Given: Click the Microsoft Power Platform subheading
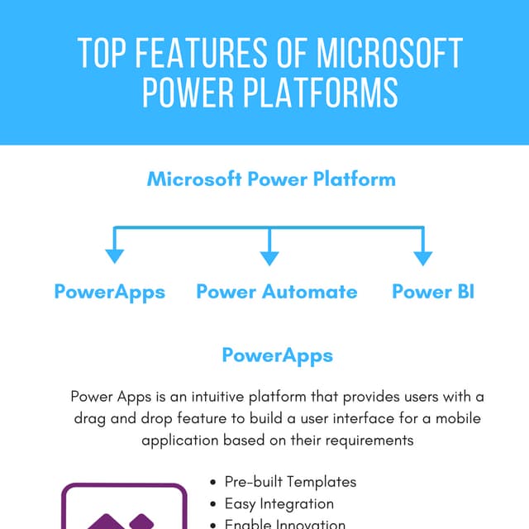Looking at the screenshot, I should click(x=271, y=179).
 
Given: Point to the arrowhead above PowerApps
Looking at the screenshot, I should click(x=115, y=255).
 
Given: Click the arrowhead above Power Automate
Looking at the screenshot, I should click(x=269, y=255).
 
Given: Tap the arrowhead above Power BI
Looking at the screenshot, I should click(x=423, y=255).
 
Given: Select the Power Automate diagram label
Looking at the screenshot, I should click(x=277, y=292).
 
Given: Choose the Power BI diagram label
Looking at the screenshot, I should click(x=433, y=292).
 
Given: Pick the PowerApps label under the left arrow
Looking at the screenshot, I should click(x=110, y=292).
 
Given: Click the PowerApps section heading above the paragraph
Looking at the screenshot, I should click(x=278, y=355).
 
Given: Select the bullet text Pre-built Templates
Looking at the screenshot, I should click(x=290, y=482).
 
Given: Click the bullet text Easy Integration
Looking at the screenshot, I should click(x=279, y=503).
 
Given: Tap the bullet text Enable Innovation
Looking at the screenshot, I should click(x=285, y=523).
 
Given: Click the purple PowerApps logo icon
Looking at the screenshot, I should click(x=124, y=508).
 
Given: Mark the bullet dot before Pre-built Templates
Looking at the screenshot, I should click(x=215, y=482).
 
